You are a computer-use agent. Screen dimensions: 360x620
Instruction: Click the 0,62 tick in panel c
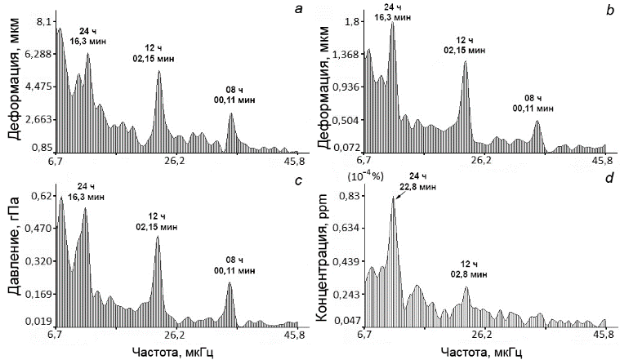coord(40,196)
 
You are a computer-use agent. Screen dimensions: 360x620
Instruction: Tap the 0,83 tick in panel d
coord(350,196)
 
